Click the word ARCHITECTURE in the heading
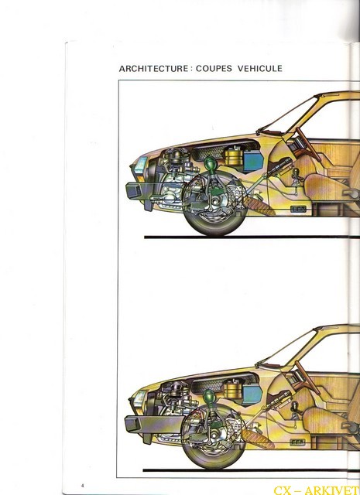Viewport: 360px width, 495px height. tap(153, 69)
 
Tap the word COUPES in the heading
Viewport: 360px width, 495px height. tap(214, 69)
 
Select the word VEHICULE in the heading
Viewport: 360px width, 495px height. tap(260, 69)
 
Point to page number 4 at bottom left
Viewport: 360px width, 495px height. tap(83, 485)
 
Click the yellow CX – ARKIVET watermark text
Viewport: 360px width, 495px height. tap(317, 490)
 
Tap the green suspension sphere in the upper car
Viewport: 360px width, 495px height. tap(210, 163)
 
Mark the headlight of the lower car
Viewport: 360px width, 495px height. tap(139, 400)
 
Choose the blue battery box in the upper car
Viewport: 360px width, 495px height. tap(253, 161)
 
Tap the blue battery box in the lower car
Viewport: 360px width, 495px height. tap(252, 394)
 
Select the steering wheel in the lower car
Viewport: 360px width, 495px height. tap(307, 377)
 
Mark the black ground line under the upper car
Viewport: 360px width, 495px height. tap(252, 237)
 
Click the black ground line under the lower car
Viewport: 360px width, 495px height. tap(252, 470)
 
